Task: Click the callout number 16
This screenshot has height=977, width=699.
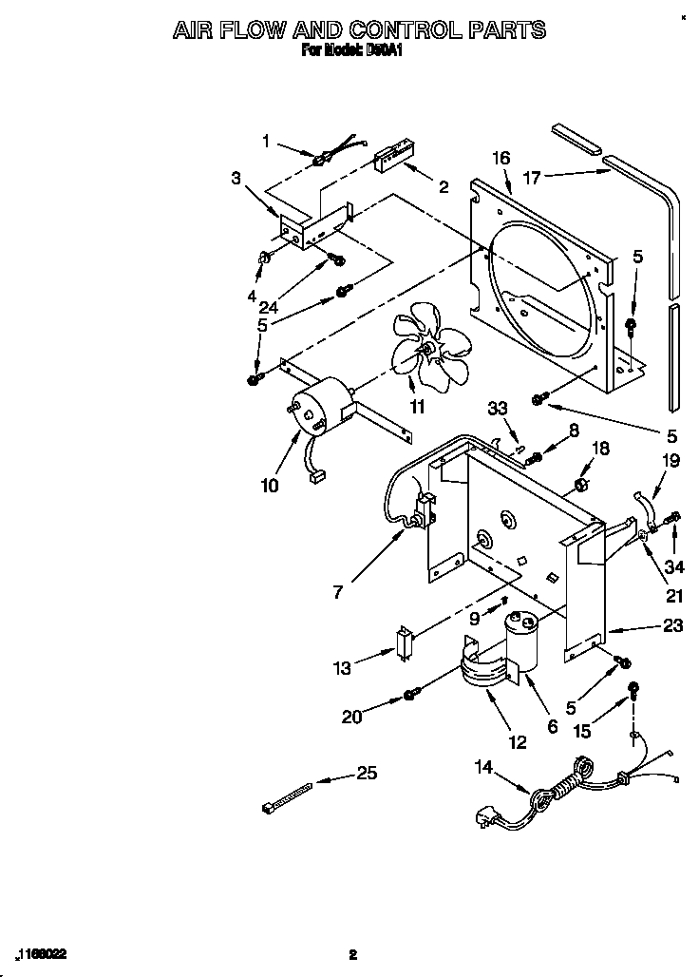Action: coord(501,158)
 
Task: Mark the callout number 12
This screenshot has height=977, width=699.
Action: coord(517,742)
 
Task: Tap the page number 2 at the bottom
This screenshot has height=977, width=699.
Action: coord(352,954)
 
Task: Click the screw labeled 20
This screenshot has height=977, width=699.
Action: coord(410,696)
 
